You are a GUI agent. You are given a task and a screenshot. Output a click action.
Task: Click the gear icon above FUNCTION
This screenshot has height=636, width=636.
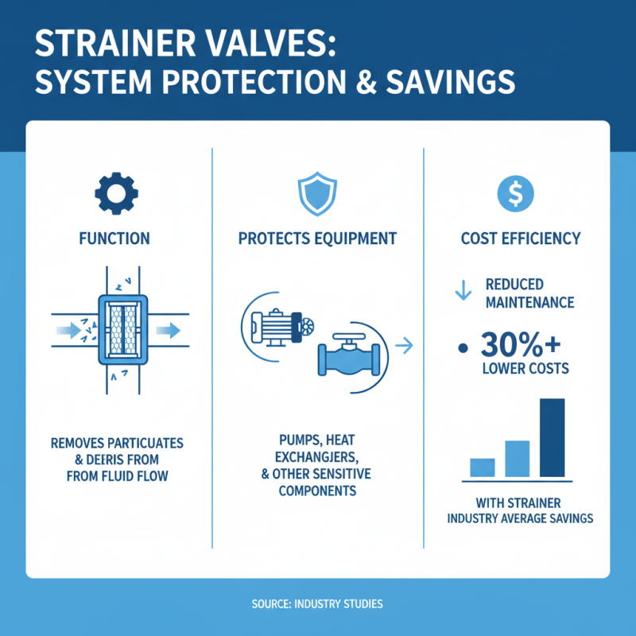click(116, 192)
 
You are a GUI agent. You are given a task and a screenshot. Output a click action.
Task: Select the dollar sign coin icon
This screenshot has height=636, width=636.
click(514, 192)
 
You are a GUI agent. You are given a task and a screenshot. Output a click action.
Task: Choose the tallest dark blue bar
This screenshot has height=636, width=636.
click(552, 437)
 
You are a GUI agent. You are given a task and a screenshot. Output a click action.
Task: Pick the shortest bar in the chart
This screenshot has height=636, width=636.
click(483, 467)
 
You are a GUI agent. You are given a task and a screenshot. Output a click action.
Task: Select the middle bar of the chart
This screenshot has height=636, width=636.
click(517, 459)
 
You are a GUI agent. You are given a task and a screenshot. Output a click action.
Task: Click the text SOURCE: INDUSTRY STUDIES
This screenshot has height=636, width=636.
click(318, 604)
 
